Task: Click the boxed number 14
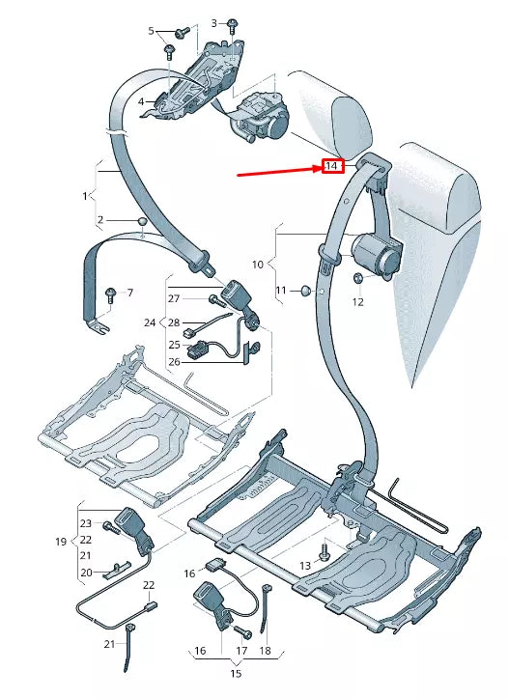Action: (331, 166)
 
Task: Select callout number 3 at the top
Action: (214, 21)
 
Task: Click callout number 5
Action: (151, 31)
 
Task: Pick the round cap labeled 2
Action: (143, 222)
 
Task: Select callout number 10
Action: (258, 263)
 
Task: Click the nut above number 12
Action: (357, 280)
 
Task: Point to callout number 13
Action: (305, 565)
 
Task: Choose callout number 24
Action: (150, 322)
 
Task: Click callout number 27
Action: (175, 298)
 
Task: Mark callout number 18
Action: (265, 651)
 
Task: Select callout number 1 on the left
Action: (84, 196)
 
